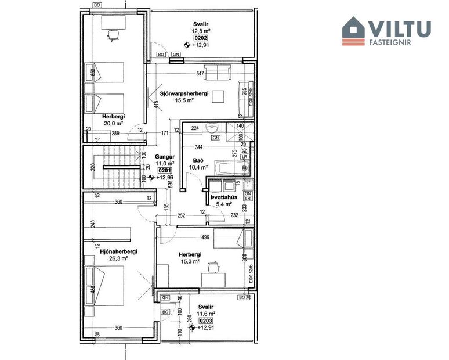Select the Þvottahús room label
[224, 197]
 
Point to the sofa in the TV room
[216, 74]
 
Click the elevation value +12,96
[165, 178]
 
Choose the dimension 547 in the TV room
[200, 74]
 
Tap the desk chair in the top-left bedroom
[111, 35]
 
